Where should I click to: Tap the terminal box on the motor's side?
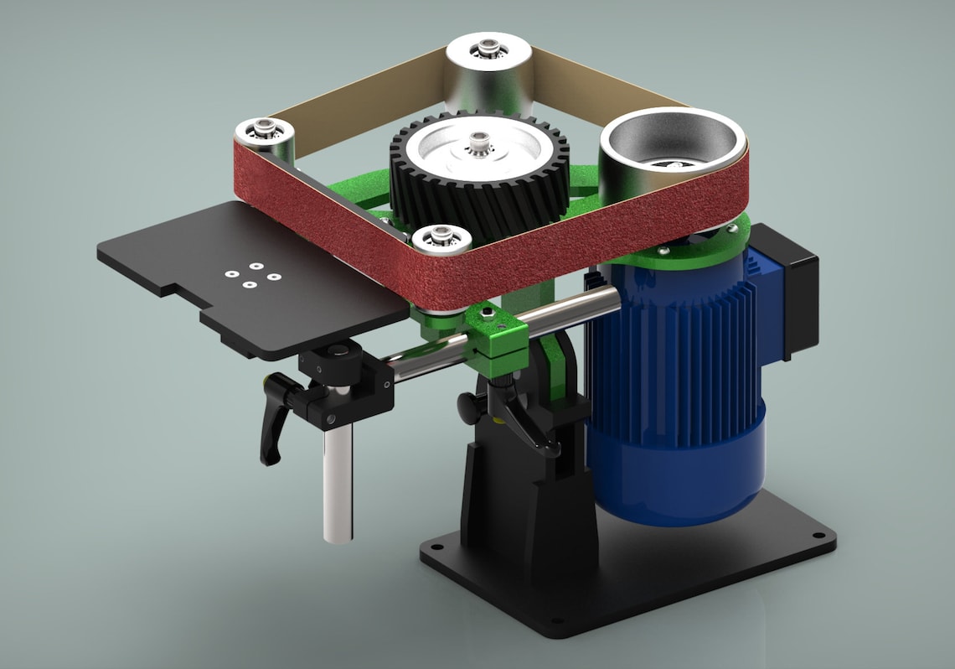tap(783, 285)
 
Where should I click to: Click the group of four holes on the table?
tap(250, 276)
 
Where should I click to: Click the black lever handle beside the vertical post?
tap(274, 419)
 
